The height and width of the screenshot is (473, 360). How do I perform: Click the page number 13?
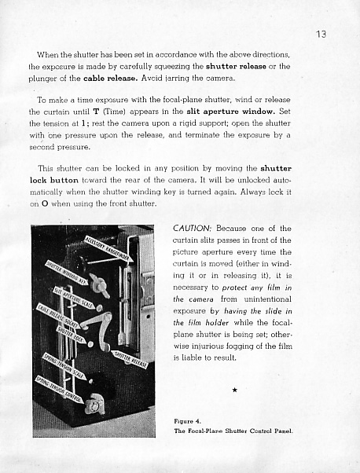(x=321, y=34)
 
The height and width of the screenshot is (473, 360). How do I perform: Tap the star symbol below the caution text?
(x=235, y=390)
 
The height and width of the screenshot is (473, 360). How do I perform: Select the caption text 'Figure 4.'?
(x=187, y=421)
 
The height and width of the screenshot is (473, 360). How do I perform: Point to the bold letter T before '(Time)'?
(x=96, y=112)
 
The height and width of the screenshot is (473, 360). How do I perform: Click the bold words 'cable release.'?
(x=111, y=78)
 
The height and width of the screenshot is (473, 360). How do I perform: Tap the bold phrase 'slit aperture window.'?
(x=231, y=112)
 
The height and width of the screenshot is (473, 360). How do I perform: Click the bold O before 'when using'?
(x=45, y=203)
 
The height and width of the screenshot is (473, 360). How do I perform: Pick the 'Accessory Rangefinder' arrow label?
(x=108, y=249)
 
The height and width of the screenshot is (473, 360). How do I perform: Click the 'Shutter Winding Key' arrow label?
(x=67, y=273)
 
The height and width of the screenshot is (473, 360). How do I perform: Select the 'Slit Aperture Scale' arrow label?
(x=74, y=298)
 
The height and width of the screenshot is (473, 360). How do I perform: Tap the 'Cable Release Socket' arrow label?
(x=59, y=317)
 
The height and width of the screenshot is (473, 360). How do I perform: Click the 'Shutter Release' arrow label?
(x=130, y=359)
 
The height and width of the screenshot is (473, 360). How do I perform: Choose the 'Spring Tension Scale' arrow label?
(x=64, y=366)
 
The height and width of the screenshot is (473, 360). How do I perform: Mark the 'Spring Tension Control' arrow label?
(x=59, y=390)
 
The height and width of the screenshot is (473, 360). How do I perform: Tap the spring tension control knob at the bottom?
(x=95, y=404)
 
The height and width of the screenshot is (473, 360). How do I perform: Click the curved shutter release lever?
(x=104, y=330)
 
